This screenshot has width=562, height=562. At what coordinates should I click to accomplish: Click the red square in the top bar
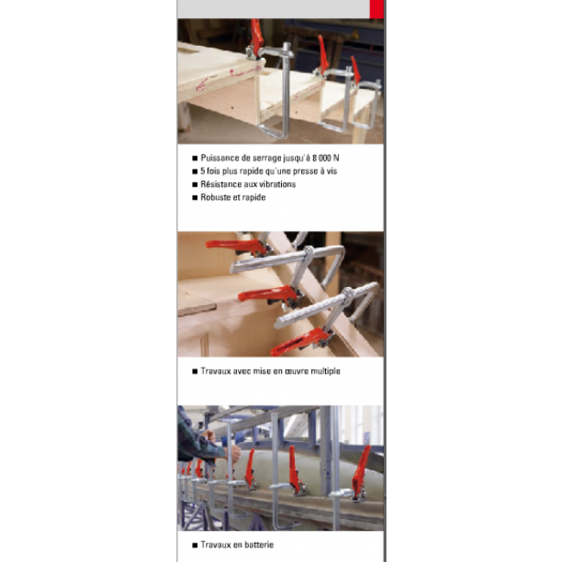pos(376,9)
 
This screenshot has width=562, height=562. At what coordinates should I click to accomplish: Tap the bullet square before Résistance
pos(195,184)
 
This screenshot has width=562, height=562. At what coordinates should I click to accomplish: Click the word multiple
pos(325,371)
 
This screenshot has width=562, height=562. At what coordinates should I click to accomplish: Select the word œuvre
pos(297,371)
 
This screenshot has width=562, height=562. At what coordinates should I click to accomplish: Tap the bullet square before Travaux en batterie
pos(195,546)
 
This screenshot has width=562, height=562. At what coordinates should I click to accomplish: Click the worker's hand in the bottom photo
pos(235,453)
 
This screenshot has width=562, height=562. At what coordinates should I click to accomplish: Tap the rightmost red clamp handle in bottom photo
pos(361,468)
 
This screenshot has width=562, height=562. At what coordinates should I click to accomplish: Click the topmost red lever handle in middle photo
pos(235,246)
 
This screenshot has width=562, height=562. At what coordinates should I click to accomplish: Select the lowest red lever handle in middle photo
pos(299,342)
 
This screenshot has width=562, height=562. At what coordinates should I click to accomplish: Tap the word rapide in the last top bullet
pos(253,197)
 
